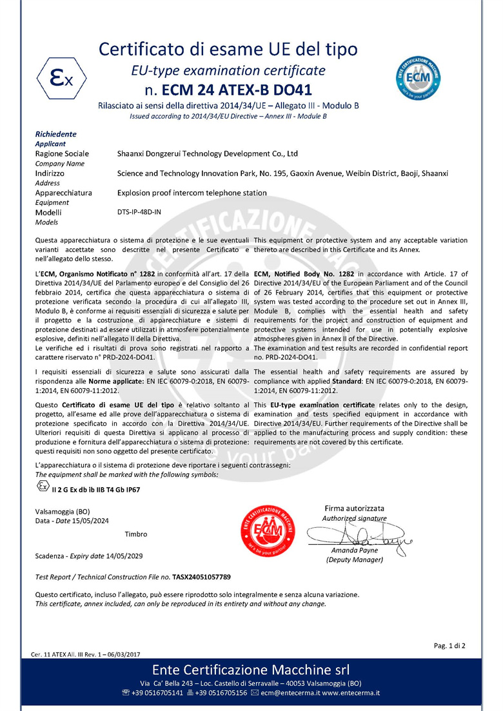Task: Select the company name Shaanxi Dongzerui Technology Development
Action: pyautogui.click(x=207, y=154)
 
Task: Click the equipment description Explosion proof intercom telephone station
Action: pyautogui.click(x=192, y=193)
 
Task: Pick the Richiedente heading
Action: pyautogui.click(x=55, y=134)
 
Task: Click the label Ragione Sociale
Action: pyautogui.click(x=62, y=154)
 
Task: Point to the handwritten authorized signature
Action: pyautogui.click(x=355, y=536)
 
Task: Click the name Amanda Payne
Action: pyautogui.click(x=354, y=550)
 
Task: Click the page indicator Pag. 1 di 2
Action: pyautogui.click(x=449, y=645)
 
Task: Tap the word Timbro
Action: pyautogui.click(x=135, y=534)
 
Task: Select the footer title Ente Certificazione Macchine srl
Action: pyautogui.click(x=251, y=669)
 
